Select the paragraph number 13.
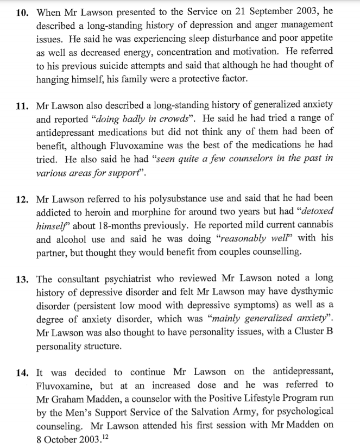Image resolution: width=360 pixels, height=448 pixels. click(x=22, y=279)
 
